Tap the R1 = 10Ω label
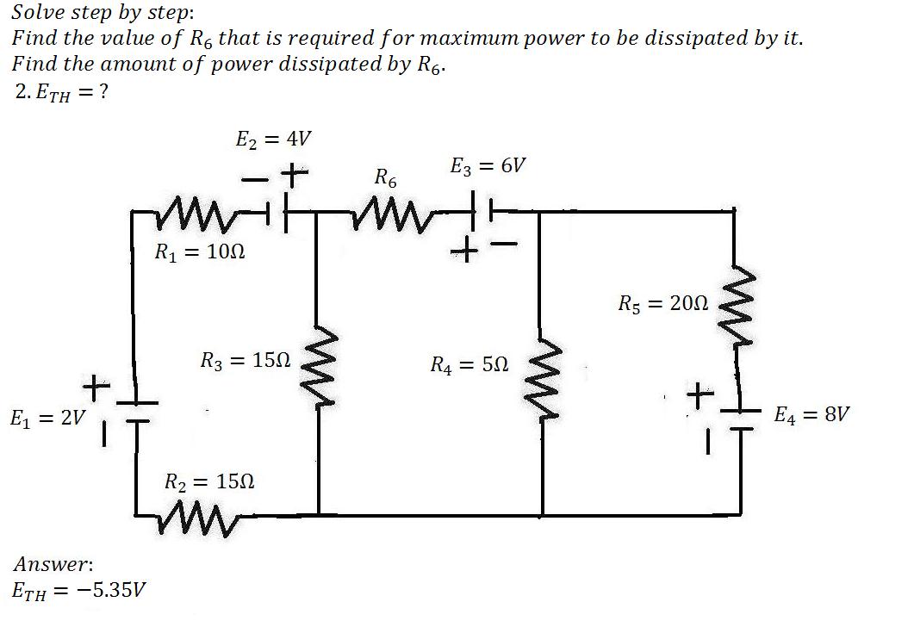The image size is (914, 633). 199,251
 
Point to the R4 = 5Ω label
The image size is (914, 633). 469,365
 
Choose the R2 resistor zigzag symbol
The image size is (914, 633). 199,517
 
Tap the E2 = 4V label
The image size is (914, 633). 273,140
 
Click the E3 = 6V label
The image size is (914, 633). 488,167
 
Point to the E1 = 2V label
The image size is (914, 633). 47,419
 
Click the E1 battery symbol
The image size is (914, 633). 136,412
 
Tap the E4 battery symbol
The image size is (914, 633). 740,420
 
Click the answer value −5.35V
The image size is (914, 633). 111,591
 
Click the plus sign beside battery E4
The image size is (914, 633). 700,395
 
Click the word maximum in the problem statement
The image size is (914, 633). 470,39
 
